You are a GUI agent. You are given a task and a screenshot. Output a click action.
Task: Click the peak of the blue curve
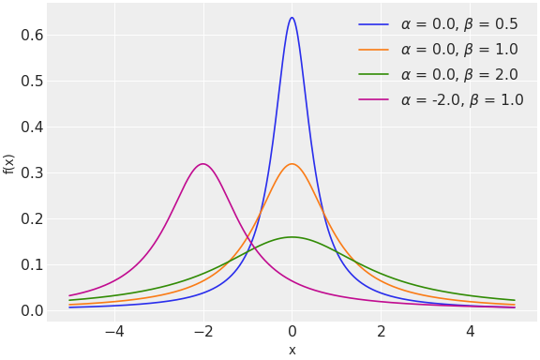[292, 18]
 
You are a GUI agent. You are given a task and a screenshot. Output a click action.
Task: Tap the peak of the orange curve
[292, 164]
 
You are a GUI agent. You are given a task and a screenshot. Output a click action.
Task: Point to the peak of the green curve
[292, 237]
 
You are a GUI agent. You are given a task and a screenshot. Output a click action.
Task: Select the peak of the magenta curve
[202, 164]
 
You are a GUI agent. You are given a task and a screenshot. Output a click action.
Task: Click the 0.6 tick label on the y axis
[33, 36]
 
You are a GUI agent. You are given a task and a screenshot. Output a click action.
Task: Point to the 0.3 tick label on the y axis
[33, 172]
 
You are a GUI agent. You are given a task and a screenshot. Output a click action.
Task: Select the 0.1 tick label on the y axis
[33, 264]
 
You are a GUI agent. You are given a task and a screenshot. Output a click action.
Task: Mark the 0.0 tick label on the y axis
[33, 310]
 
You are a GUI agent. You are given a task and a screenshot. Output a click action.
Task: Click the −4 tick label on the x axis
[114, 332]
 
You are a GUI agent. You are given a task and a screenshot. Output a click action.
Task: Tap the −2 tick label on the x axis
[203, 332]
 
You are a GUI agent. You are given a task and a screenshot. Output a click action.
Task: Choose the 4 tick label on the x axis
[470, 332]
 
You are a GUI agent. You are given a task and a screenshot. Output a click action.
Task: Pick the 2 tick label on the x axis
[381, 332]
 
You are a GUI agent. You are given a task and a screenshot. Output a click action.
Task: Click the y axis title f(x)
[9, 164]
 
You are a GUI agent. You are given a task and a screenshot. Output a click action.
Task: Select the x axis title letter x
[292, 350]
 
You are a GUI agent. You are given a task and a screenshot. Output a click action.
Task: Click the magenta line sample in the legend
[373, 100]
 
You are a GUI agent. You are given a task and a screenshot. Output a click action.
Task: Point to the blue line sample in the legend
[373, 24]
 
